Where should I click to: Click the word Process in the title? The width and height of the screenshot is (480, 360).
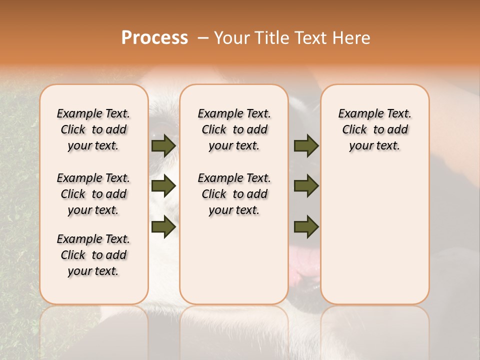click(154, 37)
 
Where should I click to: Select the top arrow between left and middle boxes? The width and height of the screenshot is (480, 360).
click(163, 145)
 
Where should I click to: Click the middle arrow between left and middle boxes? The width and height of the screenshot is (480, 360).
click(163, 186)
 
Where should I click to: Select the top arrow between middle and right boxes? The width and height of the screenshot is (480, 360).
click(306, 145)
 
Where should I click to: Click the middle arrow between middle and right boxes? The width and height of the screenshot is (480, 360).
click(306, 186)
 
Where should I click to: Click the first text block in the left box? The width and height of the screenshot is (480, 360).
click(93, 129)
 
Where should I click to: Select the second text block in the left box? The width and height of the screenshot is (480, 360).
click(93, 194)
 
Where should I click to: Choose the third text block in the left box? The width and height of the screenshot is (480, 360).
click(93, 255)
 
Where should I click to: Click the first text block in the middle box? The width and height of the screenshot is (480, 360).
click(234, 129)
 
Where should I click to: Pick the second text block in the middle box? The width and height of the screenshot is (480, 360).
click(234, 194)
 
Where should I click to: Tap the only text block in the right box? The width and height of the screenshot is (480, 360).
click(375, 129)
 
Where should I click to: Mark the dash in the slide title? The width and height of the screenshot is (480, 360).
click(203, 37)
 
